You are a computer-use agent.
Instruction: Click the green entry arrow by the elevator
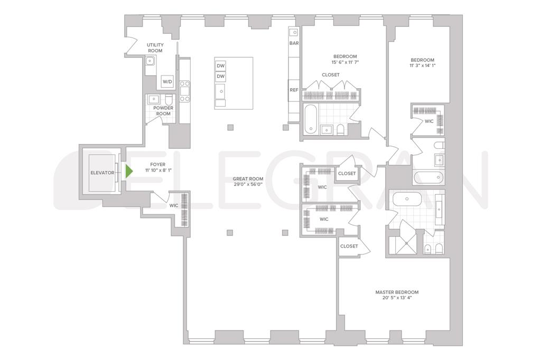click(128, 172)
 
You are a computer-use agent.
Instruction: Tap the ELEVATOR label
click(102, 173)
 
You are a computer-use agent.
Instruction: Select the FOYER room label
click(158, 165)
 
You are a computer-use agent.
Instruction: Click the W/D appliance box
click(167, 82)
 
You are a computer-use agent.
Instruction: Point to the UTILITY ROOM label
click(155, 48)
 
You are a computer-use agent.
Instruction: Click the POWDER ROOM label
click(163, 110)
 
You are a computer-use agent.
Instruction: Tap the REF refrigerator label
click(294, 90)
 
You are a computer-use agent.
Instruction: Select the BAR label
click(294, 43)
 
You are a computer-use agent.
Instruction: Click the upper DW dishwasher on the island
click(221, 66)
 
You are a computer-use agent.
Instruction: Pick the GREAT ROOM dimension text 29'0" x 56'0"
click(248, 185)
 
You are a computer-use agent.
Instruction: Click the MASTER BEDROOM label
click(397, 292)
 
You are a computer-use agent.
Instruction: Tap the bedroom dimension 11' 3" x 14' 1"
click(422, 66)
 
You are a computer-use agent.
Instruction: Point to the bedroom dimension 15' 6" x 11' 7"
click(345, 63)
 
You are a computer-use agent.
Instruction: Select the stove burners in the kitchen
click(185, 91)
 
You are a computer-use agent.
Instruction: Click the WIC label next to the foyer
click(173, 206)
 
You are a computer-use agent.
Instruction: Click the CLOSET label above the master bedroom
click(349, 246)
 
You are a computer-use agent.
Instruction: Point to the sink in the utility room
click(151, 61)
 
